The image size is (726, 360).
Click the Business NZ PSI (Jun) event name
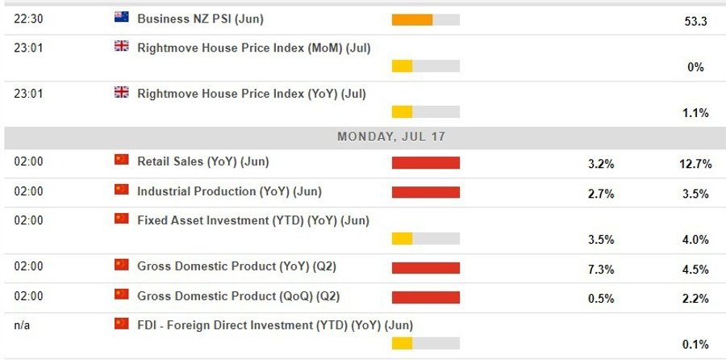pyautogui.click(x=201, y=18)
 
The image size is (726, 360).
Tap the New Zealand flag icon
pyautogui.click(x=122, y=17)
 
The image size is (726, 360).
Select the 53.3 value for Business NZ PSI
pyautogui.click(x=695, y=22)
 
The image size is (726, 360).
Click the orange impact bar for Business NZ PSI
pyautogui.click(x=412, y=20)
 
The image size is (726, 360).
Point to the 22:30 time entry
pyautogui.click(x=28, y=18)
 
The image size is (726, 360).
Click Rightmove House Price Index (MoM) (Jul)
pyautogui.click(x=254, y=48)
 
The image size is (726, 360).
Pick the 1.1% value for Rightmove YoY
pyautogui.click(x=695, y=113)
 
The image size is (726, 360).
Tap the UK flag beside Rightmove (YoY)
pyautogui.click(x=122, y=93)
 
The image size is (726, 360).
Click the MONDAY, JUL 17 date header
pyautogui.click(x=391, y=137)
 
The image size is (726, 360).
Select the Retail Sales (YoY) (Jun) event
pyautogui.click(x=203, y=161)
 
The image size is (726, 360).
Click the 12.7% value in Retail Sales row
pyautogui.click(x=695, y=164)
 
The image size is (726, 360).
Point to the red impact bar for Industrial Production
pyautogui.click(x=425, y=192)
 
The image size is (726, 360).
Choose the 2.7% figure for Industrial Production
pyautogui.click(x=601, y=194)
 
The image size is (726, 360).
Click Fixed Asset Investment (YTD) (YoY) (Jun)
pyautogui.click(x=253, y=220)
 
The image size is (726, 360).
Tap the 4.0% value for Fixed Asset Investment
pyautogui.click(x=695, y=240)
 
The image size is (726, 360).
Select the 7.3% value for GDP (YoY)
pyautogui.click(x=601, y=270)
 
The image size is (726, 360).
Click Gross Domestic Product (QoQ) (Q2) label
pyautogui.click(x=238, y=296)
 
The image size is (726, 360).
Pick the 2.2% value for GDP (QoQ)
pyautogui.click(x=695, y=299)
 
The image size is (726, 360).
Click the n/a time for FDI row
pyautogui.click(x=23, y=325)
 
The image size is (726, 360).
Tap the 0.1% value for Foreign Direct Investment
pyautogui.click(x=695, y=345)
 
